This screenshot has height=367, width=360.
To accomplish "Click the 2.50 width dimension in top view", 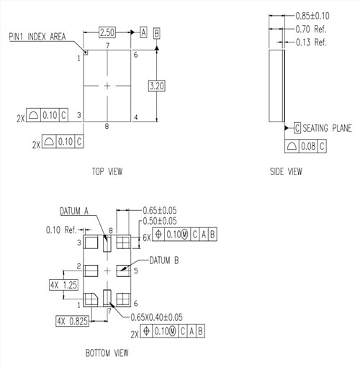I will tap(107, 33).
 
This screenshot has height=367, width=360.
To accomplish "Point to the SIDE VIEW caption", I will tap(286, 171).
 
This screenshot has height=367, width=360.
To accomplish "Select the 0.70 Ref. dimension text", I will tap(312, 30).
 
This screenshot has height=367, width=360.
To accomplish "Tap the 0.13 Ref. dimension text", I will tap(312, 42).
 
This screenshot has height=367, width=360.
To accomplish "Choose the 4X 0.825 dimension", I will tap(72, 321).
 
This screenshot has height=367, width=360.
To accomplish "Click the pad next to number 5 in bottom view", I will tap(122, 270).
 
